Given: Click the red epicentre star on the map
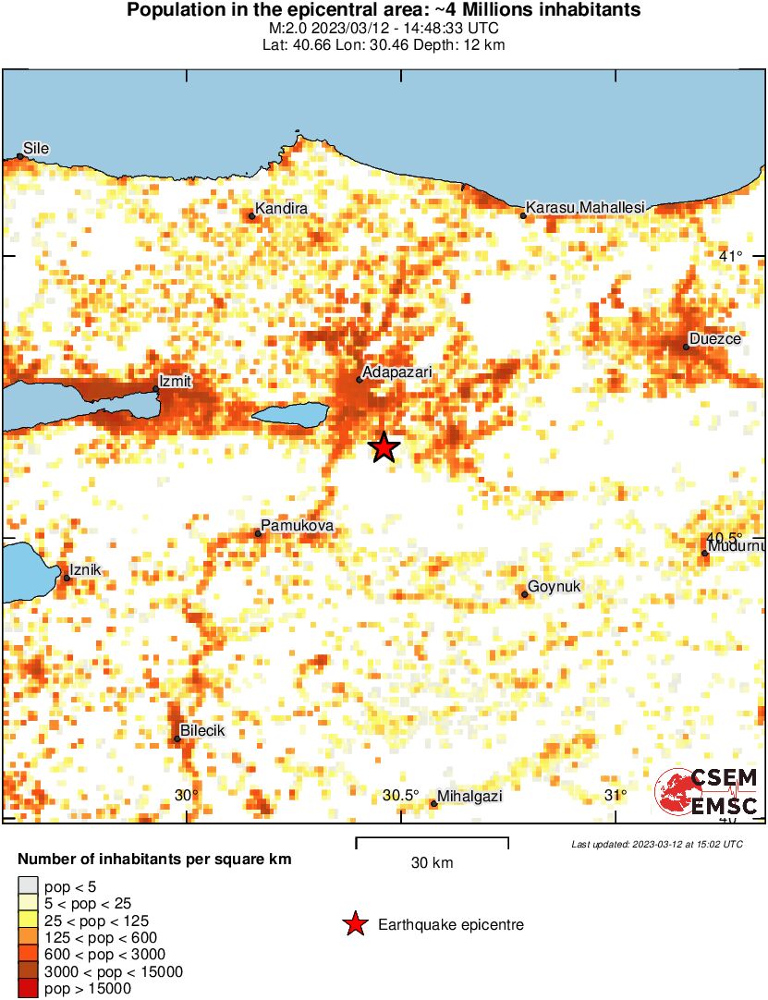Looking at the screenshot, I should click(x=384, y=447).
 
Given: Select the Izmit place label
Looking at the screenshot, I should click(x=176, y=380).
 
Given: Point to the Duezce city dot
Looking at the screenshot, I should click(x=687, y=348).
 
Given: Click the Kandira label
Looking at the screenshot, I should click(x=281, y=209).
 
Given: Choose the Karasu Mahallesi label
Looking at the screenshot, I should click(x=584, y=209).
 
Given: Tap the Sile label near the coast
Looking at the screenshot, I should click(x=36, y=148).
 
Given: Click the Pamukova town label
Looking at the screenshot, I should click(x=297, y=526).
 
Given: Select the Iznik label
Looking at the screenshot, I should click(x=85, y=570).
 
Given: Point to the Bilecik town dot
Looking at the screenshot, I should click(x=177, y=738).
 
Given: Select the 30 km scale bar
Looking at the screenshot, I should click(x=432, y=843).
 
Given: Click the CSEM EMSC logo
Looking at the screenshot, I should click(x=708, y=793).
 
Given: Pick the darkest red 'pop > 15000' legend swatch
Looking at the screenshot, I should click(x=29, y=989).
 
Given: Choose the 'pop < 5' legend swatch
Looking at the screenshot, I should click(x=29, y=885).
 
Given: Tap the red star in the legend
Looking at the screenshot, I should click(x=354, y=924).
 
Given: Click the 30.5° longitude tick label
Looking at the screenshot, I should click(x=401, y=796).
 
